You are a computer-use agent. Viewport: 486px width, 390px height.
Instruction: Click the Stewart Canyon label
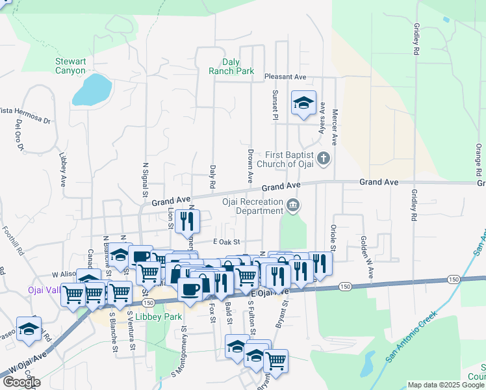(x=70, y=66)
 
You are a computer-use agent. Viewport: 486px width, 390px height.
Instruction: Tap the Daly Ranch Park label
(x=231, y=66)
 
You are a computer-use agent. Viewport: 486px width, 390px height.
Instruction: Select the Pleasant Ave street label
(x=285, y=77)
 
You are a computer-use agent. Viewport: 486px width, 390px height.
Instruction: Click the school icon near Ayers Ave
(x=303, y=103)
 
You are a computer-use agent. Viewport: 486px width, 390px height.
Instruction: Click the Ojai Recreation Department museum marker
(x=293, y=206)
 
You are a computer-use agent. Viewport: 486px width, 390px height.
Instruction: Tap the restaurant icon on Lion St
(x=187, y=221)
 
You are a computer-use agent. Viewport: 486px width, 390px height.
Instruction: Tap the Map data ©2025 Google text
(x=446, y=385)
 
